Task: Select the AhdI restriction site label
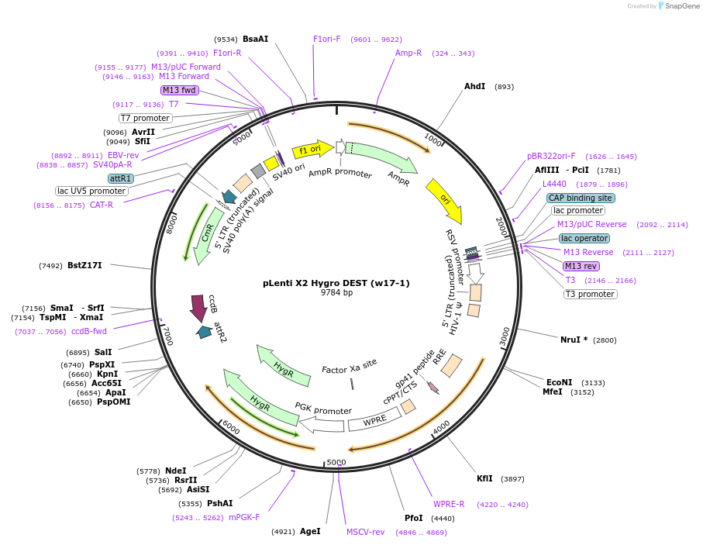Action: [x=474, y=86]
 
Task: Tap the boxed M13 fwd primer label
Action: [x=180, y=90]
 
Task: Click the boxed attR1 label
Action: [x=121, y=178]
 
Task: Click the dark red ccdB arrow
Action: [x=198, y=308]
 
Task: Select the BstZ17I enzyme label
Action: [x=84, y=266]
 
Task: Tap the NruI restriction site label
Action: [x=574, y=340]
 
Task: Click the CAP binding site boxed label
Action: [x=581, y=198]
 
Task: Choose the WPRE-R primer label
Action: [x=449, y=504]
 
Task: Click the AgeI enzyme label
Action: [x=310, y=531]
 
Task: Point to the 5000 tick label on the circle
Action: [x=336, y=462]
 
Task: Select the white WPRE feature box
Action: [x=375, y=421]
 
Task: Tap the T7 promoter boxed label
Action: [x=145, y=118]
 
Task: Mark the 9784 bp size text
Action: [x=336, y=293]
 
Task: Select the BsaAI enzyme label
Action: [x=255, y=39]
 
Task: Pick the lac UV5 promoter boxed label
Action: [x=91, y=191]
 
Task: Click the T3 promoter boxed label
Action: [x=590, y=294]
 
